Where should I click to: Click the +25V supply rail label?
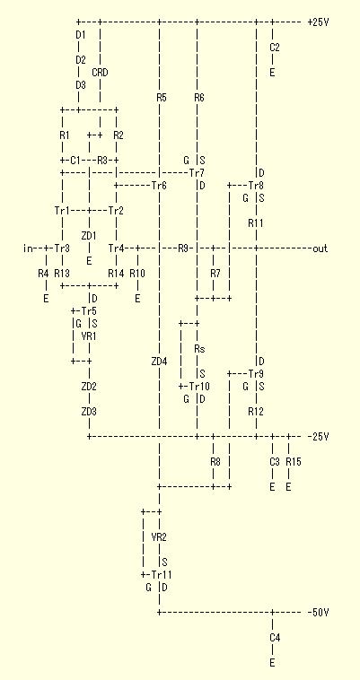[x=318, y=22]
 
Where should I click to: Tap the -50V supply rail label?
[x=318, y=612]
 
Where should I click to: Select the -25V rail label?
[x=318, y=436]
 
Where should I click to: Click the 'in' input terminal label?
[x=28, y=248]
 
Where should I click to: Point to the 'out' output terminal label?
[x=320, y=248]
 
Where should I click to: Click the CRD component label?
[x=100, y=73]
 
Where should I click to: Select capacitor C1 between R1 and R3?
[x=75, y=160]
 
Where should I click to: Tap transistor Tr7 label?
[x=197, y=172]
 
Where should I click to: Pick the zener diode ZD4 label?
[x=159, y=361]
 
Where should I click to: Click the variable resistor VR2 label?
[x=159, y=536]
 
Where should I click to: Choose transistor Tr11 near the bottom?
[x=162, y=575]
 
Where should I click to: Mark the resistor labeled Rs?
[x=199, y=348]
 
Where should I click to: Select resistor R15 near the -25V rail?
[x=294, y=462]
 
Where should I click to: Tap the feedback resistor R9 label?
[x=183, y=248]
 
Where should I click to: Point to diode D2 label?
[x=81, y=59]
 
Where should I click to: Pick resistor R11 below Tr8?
[x=256, y=222]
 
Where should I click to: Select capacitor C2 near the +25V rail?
[x=275, y=48]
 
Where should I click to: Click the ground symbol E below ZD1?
[x=90, y=261]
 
